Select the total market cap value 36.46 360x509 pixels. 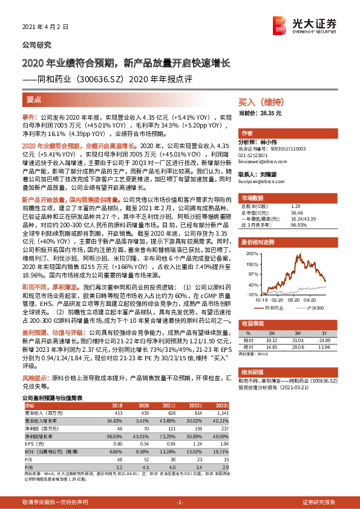[x=298, y=212]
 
